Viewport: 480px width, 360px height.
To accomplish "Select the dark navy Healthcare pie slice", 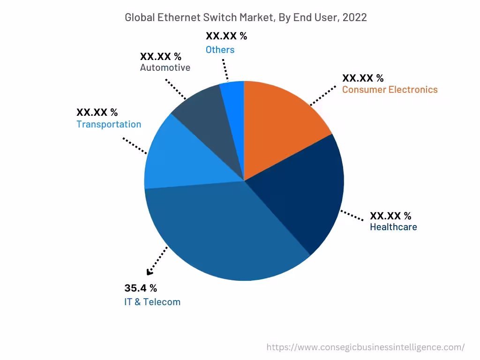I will [x=305, y=197].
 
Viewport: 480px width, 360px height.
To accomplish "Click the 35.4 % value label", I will [x=141, y=288].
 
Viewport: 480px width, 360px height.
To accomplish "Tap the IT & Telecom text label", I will [x=152, y=302].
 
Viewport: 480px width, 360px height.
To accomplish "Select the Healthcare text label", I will [x=393, y=227].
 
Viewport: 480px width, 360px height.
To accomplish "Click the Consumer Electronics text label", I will [x=390, y=90].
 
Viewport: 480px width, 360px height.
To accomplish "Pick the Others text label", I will [x=220, y=50].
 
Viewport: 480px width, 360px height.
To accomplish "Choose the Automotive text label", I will [x=165, y=67].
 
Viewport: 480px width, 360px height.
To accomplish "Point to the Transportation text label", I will [x=109, y=124].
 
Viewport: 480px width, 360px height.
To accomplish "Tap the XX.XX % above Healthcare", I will [x=390, y=216].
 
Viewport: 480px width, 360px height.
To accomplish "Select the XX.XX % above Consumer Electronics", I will [x=363, y=78].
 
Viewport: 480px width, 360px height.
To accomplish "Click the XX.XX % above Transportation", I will [x=97, y=112].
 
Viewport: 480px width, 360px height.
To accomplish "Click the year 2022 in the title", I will [x=354, y=18].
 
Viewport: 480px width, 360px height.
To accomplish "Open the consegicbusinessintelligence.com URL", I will [x=366, y=347].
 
